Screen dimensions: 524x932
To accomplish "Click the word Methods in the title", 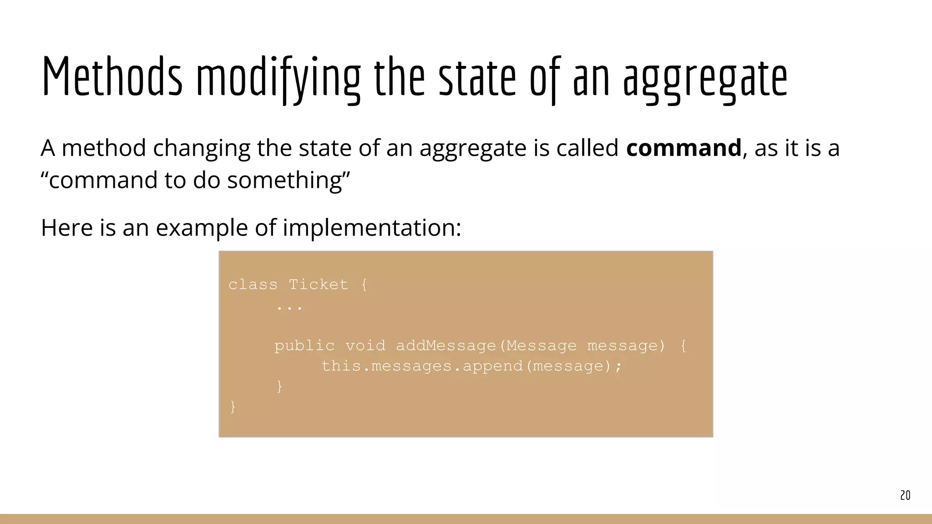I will tap(112, 76).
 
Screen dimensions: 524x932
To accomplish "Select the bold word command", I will tap(684, 148).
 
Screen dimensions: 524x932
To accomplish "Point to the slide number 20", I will tap(905, 495).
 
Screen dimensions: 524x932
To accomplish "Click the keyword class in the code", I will tap(253, 285).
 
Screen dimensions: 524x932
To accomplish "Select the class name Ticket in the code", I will tap(318, 285).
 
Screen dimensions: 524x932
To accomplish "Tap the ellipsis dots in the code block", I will tap(289, 307).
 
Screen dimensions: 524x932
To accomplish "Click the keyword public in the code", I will tap(304, 346).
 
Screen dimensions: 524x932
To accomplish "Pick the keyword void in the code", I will tap(365, 346).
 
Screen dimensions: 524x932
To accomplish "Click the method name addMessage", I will tap(446, 346).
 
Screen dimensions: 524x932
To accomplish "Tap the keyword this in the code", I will tap(341, 366).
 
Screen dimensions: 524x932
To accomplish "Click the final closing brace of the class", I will tap(233, 406).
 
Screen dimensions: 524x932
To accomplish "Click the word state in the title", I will tap(477, 77).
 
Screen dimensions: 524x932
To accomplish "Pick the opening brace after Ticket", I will tap(364, 285).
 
